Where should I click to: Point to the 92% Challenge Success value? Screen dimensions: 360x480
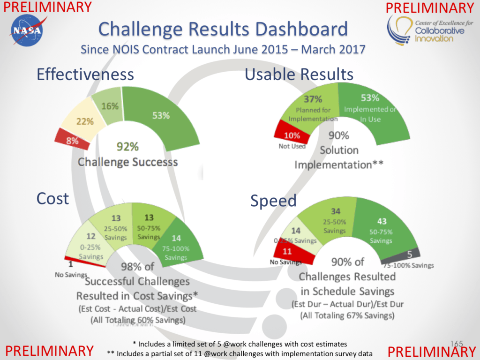pyautogui.click(x=127, y=147)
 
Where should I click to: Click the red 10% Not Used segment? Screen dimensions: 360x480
pyautogui.click(x=292, y=135)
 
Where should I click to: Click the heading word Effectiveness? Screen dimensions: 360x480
pyautogui.click(x=85, y=74)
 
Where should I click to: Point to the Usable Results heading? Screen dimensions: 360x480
pyautogui.click(x=299, y=74)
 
